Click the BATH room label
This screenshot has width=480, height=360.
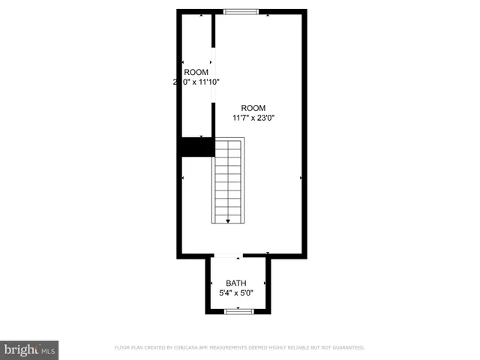237,283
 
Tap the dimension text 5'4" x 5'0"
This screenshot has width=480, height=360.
237,292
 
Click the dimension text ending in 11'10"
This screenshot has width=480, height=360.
196,82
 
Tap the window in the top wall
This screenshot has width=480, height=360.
241,11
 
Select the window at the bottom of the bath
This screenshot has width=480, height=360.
237,311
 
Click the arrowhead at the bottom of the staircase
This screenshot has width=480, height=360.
229,220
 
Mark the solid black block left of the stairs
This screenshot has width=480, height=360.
196,147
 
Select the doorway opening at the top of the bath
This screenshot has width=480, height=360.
227,256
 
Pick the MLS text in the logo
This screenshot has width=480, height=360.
48,350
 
